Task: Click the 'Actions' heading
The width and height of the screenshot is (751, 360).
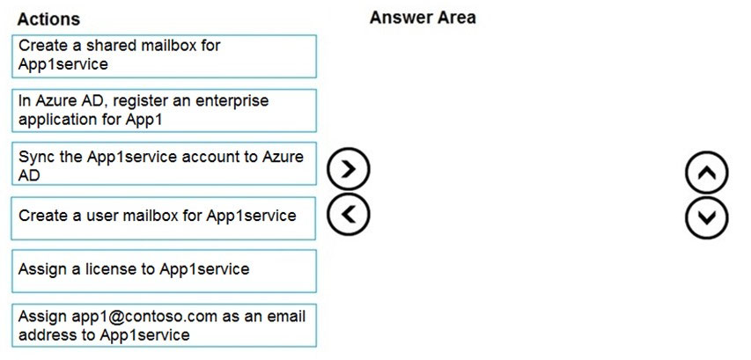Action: pos(48,19)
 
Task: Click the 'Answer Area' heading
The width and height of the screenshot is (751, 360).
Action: pos(423,18)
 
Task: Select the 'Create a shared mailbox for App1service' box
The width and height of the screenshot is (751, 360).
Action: pos(165,56)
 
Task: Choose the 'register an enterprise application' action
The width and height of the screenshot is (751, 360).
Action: pos(165,111)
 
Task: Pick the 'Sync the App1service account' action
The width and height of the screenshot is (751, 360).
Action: pos(165,164)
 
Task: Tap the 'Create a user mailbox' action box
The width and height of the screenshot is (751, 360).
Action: pos(164,218)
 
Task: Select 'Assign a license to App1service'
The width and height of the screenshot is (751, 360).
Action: pos(165,271)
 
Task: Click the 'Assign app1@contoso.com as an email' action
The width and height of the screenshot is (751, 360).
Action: pos(165,326)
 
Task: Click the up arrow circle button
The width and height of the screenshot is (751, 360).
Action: pos(706,173)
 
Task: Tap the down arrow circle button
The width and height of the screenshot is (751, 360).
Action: pos(706,217)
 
